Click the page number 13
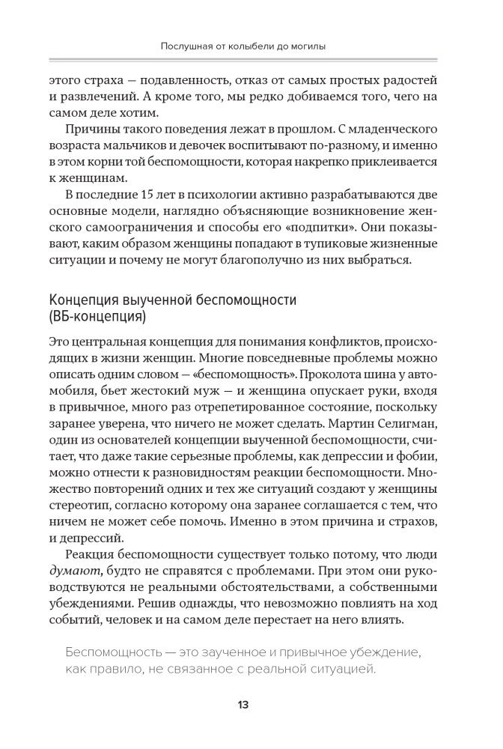pos(244,705)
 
